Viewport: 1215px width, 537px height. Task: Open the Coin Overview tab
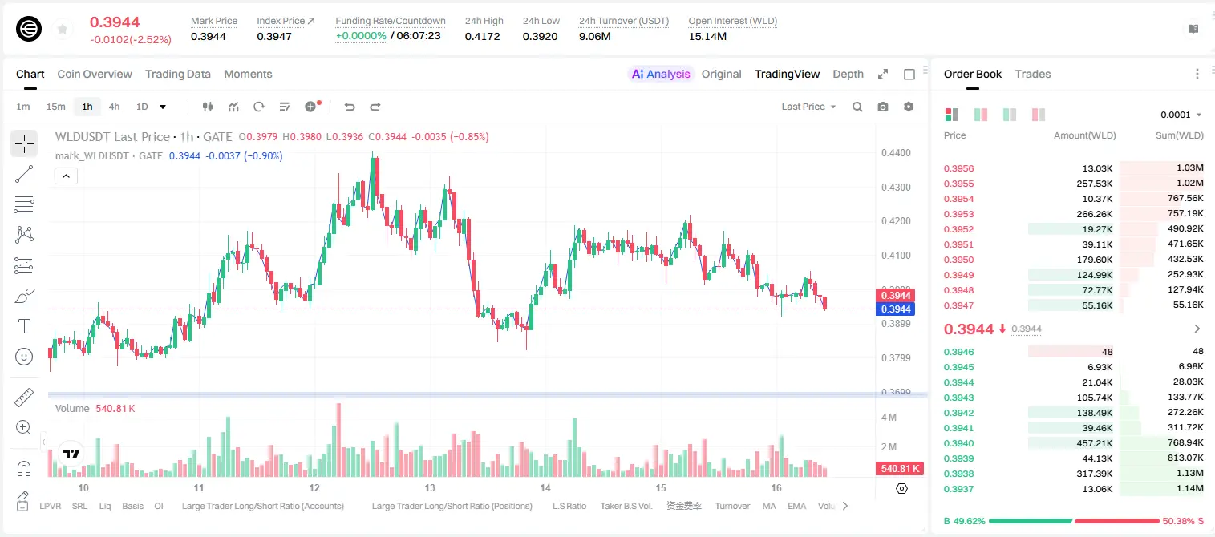(x=95, y=74)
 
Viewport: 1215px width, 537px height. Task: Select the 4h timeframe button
(x=114, y=107)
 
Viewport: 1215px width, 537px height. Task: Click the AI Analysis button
(x=661, y=74)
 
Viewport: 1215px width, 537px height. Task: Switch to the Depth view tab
(x=848, y=74)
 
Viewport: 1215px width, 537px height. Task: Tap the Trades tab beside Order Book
(x=1033, y=74)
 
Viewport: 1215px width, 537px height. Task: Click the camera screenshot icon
(x=883, y=107)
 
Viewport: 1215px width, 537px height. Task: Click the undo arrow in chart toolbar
(x=350, y=107)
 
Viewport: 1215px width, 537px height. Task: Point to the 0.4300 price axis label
(x=896, y=187)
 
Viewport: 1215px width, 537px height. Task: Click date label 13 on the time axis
(x=430, y=487)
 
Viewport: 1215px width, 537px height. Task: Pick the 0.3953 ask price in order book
(x=958, y=214)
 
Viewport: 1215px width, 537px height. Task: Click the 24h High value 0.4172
(x=482, y=36)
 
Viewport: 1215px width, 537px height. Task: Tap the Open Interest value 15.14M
(x=707, y=36)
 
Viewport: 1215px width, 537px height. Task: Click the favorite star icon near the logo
(x=63, y=29)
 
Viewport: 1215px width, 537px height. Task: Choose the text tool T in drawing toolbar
(x=24, y=326)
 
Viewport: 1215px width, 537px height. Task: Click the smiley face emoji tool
(x=24, y=357)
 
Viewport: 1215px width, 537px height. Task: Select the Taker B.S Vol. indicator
(x=626, y=506)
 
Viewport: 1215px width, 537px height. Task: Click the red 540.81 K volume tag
(x=900, y=468)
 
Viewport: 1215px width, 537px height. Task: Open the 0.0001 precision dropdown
(x=1181, y=115)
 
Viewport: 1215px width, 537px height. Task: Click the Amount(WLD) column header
(x=1085, y=135)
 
